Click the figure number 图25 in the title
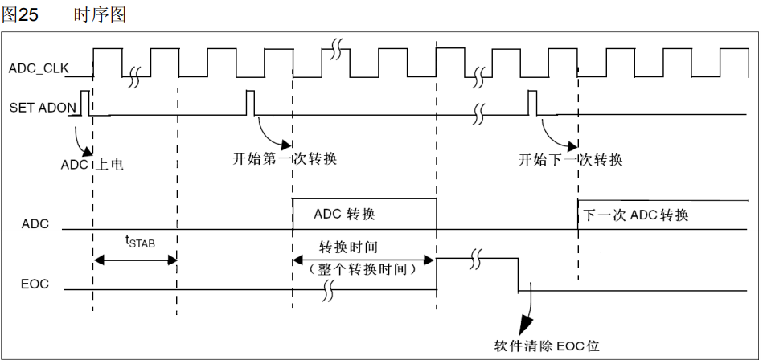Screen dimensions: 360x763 pos(20,14)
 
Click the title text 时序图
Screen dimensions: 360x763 pos(100,14)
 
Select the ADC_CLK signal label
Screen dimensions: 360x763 pos(39,68)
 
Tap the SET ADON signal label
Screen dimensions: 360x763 pos(43,107)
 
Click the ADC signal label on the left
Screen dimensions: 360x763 pos(35,224)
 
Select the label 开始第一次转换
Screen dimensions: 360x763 pos(284,158)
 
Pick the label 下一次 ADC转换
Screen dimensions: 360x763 pos(635,215)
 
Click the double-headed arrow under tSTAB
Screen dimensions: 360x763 pos(135,259)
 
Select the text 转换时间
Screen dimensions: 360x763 pos(348,246)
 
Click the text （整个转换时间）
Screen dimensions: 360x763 pos(362,270)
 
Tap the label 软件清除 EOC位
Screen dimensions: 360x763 pos(546,346)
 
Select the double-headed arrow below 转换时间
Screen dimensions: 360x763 pos(363,259)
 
